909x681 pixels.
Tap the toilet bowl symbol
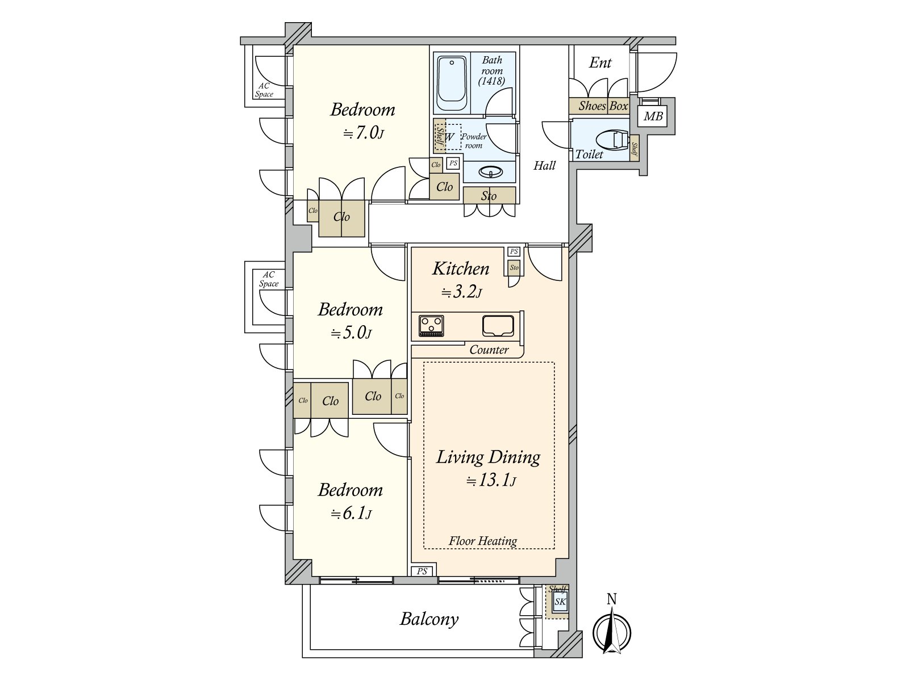(612, 140)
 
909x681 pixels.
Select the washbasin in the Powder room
(490, 171)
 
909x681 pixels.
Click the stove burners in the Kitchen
(431, 326)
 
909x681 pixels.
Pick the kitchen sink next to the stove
(498, 325)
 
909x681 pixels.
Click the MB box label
(653, 116)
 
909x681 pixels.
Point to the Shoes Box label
(603, 106)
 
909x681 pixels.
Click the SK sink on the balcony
(560, 602)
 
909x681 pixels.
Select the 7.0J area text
(364, 133)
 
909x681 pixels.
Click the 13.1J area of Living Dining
(491, 481)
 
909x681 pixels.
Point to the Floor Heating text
(483, 541)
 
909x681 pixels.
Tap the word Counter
(489, 350)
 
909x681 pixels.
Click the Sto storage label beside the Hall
(489, 196)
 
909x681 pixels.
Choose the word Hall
(544, 166)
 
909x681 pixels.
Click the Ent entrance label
(600, 62)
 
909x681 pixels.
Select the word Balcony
(429, 619)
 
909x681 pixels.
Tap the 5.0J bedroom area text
(351, 333)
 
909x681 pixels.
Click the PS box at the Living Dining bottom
(422, 571)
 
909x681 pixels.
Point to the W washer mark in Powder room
(449, 137)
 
